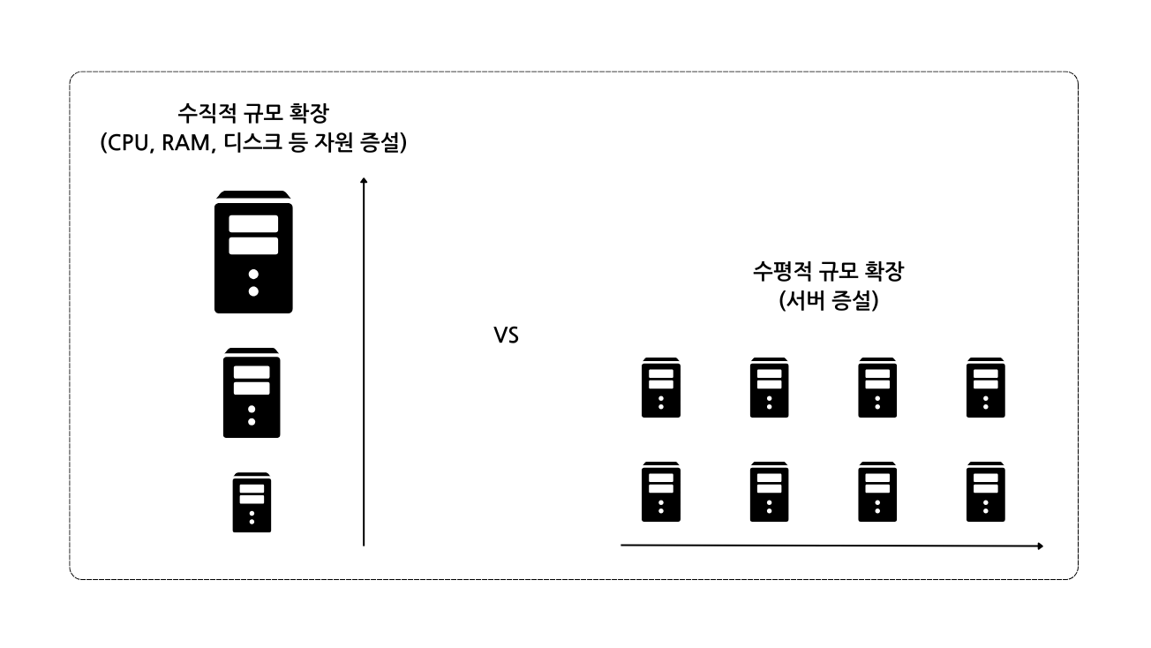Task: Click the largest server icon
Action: (x=253, y=252)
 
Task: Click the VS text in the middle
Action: (x=506, y=336)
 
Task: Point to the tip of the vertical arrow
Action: (x=364, y=180)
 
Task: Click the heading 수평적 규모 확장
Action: (x=827, y=271)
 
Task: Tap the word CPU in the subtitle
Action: (x=132, y=143)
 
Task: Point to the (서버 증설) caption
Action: (x=827, y=300)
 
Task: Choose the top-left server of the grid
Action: (x=661, y=388)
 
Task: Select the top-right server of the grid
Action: (x=986, y=388)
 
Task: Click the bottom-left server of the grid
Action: (x=661, y=491)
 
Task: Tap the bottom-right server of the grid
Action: (x=986, y=491)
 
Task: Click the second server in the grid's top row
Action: (x=769, y=388)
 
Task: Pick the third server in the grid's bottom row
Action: (x=877, y=491)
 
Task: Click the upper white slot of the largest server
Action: (x=253, y=223)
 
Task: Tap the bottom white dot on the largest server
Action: (x=253, y=290)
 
